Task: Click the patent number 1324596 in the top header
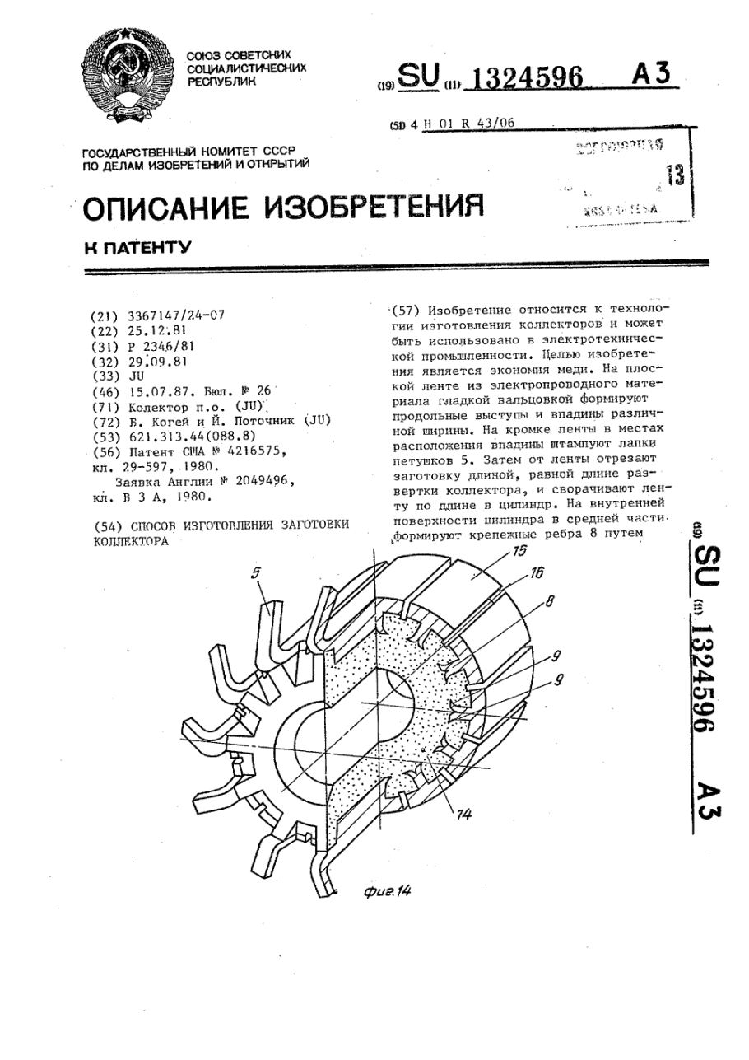[517, 78]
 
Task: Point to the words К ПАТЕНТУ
[137, 247]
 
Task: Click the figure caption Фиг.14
[386, 890]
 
